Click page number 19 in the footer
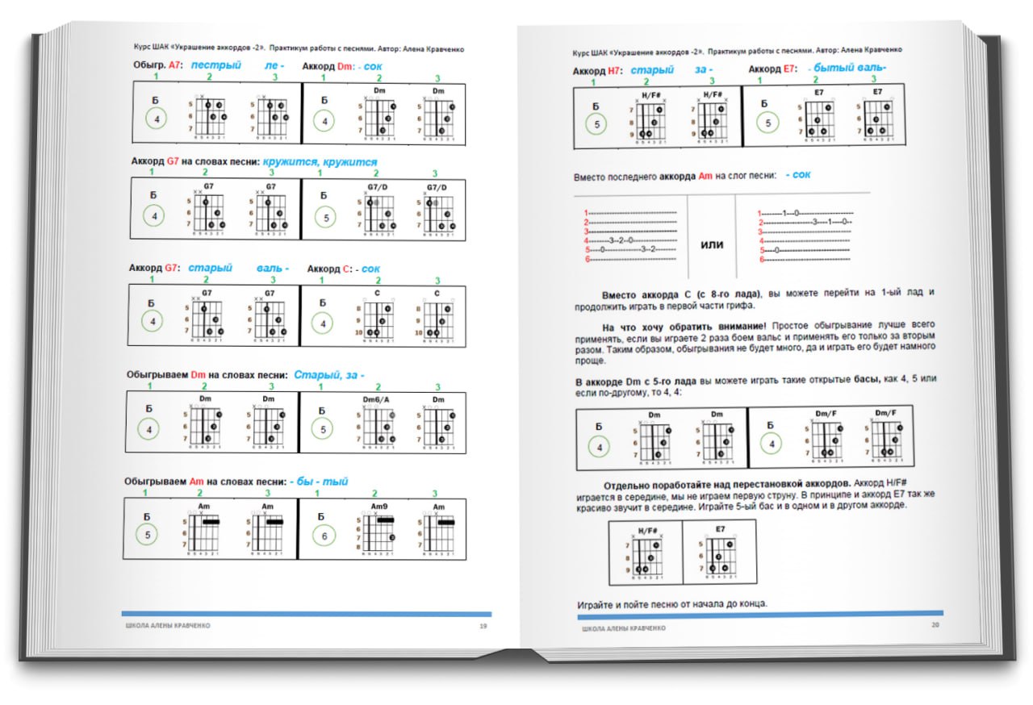tap(483, 625)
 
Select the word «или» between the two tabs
tap(711, 244)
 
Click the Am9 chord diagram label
tap(379, 507)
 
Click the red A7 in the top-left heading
tap(175, 65)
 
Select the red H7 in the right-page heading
tap(613, 71)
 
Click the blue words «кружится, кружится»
tap(319, 162)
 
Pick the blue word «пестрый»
tap(215, 65)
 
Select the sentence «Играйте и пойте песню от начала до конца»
tap(672, 604)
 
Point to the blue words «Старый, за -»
tap(328, 375)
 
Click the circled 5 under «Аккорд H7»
tap(597, 124)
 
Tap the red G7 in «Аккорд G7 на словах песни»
tap(173, 161)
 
